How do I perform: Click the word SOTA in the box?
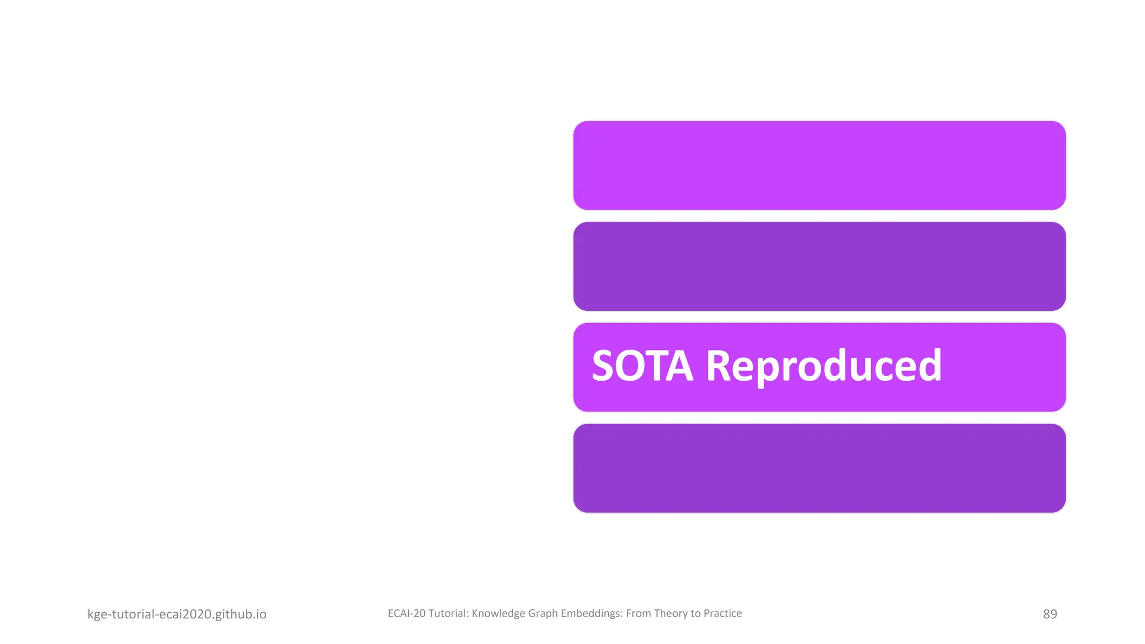[642, 366]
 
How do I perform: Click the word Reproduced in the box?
[824, 366]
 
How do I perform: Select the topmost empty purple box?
[819, 165]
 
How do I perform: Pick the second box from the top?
[819, 266]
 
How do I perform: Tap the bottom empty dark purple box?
[819, 468]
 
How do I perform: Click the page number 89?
[1049, 614]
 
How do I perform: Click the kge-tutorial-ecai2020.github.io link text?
[177, 614]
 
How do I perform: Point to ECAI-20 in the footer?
[406, 613]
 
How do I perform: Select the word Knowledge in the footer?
[498, 613]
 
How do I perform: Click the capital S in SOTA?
[603, 366]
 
